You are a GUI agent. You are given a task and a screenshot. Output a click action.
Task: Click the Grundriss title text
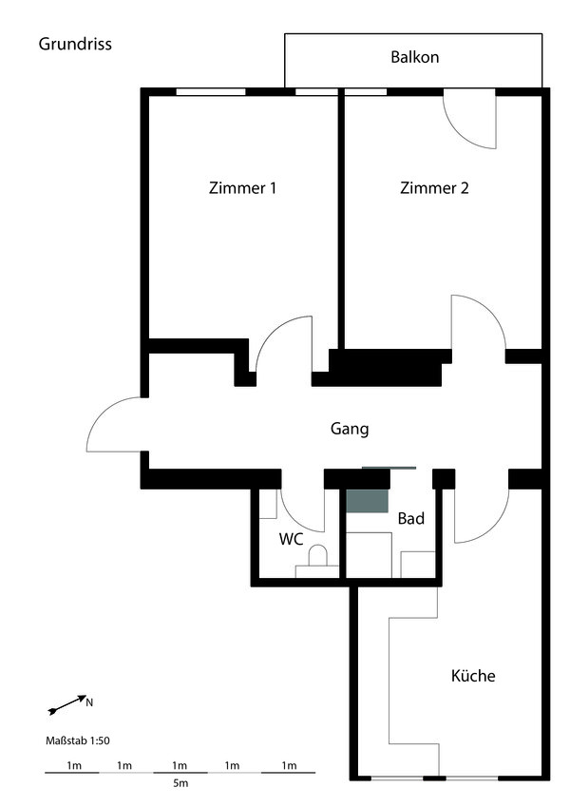tap(75, 45)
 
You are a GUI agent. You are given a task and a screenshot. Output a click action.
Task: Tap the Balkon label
tap(414, 57)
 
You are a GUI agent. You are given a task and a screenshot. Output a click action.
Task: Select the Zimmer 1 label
tap(242, 188)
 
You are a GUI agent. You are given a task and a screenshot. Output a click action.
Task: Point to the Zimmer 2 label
tap(434, 188)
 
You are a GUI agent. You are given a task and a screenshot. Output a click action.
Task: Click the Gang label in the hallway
tap(350, 429)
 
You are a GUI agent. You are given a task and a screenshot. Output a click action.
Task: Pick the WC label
tap(291, 539)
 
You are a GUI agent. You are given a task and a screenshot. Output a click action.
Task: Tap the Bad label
tap(411, 518)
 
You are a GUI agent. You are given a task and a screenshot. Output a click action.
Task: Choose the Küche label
tap(473, 675)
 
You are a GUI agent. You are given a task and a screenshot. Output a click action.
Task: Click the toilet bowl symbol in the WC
tap(318, 556)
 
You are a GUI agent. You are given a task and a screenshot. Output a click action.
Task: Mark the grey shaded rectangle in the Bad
tap(367, 501)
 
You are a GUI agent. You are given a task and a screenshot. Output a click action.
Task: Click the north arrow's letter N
tap(89, 702)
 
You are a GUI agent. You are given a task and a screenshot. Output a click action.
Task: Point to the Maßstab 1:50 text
tap(78, 740)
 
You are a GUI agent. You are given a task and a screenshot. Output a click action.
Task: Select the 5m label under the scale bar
tap(180, 784)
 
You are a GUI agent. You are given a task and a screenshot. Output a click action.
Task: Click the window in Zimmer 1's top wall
tap(211, 92)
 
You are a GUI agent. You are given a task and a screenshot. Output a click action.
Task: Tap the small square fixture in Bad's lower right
tap(417, 564)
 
